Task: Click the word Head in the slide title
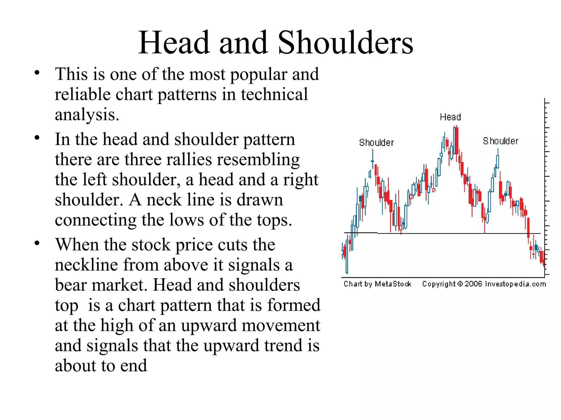coord(174,43)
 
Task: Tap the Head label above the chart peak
coord(450,117)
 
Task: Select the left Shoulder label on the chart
coord(376,143)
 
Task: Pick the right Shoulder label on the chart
coord(500,141)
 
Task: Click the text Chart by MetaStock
coord(377,284)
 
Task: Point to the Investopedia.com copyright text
coord(484,284)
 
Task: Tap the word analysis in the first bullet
coord(86,115)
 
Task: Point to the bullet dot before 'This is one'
coord(37,73)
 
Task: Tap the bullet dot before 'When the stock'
coord(37,243)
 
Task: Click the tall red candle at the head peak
coord(457,141)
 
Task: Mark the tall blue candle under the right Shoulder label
coord(497,161)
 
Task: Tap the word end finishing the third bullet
coord(134,366)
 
